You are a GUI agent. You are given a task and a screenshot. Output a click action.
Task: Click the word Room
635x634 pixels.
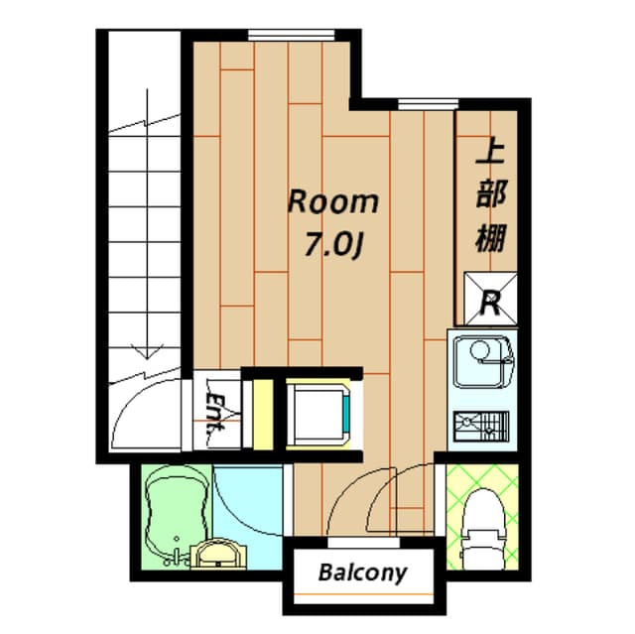[332, 202]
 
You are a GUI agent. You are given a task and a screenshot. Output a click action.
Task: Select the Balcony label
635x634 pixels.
[363, 572]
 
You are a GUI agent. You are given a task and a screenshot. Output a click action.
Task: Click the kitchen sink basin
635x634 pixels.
[481, 357]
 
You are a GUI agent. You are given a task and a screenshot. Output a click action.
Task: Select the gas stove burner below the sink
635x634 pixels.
[480, 425]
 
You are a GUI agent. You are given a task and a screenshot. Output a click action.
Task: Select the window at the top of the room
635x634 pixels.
[276, 36]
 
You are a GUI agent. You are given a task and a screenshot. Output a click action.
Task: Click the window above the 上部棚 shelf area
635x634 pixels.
[428, 102]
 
